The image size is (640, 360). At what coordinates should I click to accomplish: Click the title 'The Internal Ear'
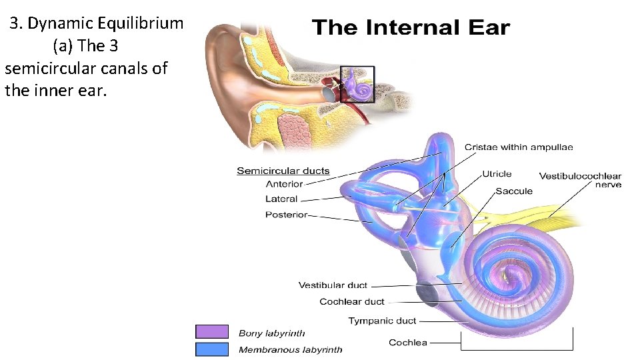point(411,28)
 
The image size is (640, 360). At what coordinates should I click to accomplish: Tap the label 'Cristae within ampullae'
point(518,147)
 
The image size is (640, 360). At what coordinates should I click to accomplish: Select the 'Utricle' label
point(497,174)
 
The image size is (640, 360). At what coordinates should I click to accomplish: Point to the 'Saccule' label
point(514,191)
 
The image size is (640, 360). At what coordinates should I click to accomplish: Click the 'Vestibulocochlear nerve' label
point(580,180)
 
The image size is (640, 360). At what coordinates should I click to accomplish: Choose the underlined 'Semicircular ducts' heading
point(283,171)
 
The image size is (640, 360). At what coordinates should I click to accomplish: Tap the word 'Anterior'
point(284,184)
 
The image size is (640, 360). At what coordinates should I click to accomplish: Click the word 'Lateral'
point(281,199)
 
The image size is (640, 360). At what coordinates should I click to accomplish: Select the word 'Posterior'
point(286,215)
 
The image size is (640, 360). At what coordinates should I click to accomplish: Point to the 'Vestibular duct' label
point(333,285)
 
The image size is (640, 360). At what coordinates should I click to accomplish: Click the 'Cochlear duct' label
point(352,302)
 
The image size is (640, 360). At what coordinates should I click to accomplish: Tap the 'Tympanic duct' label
point(383,321)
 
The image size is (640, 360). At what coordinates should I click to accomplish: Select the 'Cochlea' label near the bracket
point(408,343)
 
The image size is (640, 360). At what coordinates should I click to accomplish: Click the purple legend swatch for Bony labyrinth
point(212,331)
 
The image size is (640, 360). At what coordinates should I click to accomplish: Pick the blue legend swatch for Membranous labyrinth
point(212,349)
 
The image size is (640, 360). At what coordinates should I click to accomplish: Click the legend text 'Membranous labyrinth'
point(290,349)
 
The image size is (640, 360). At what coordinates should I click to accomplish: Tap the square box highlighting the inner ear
point(357,84)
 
